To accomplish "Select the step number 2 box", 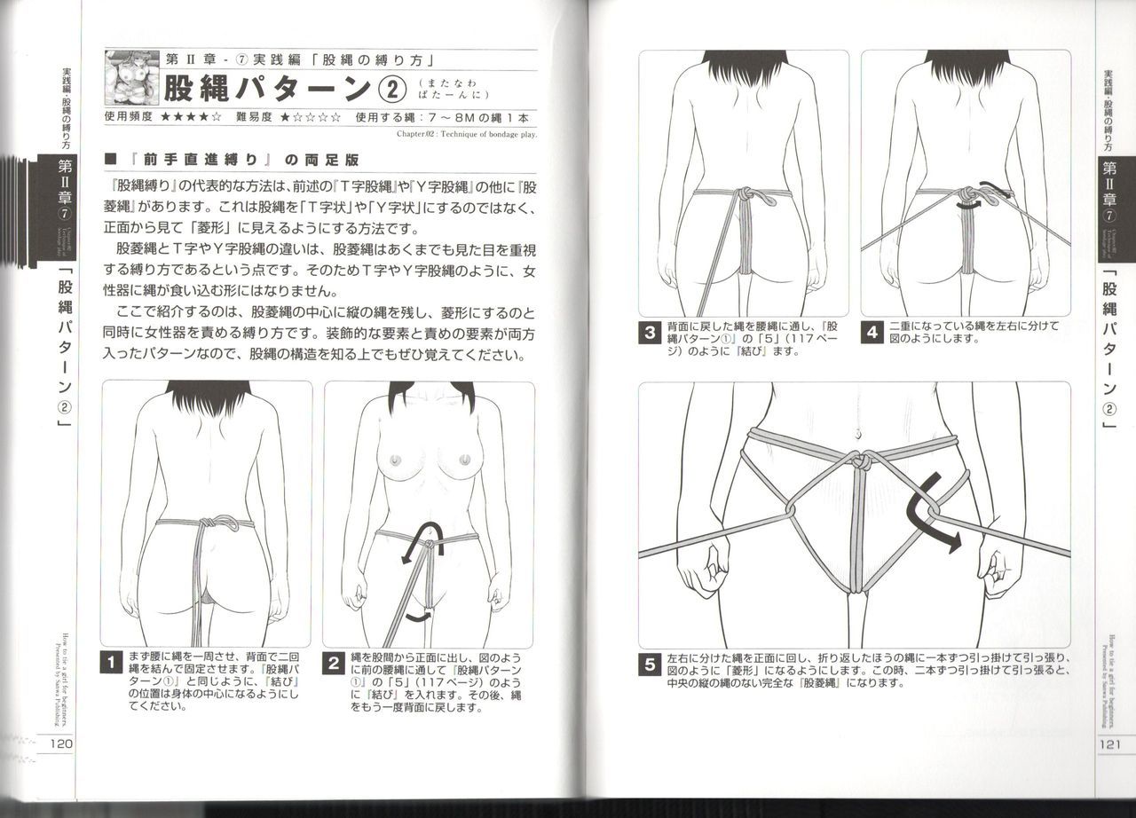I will click(334, 663).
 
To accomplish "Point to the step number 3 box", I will click(650, 334).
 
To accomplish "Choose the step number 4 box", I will click(872, 334).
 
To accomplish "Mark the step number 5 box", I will click(650, 664).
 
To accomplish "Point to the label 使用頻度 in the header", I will click(129, 116).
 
